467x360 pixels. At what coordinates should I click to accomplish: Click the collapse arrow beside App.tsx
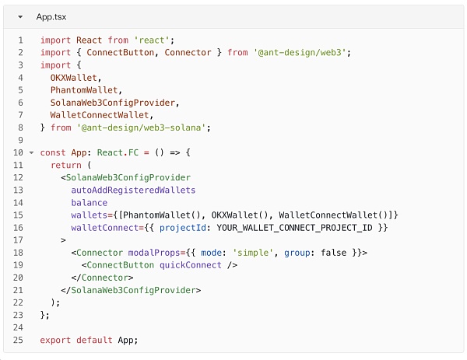coord(20,16)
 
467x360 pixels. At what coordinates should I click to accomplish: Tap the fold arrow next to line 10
coord(31,152)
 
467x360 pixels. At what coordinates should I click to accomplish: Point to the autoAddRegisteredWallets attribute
coord(133,190)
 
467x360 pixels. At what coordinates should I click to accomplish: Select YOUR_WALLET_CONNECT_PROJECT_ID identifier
coord(293,227)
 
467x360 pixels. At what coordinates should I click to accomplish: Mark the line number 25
coord(18,339)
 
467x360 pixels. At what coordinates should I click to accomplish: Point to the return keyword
coord(65,165)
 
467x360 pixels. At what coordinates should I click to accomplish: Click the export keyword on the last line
coord(55,339)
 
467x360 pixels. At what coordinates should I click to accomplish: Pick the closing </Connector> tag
coord(102,277)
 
